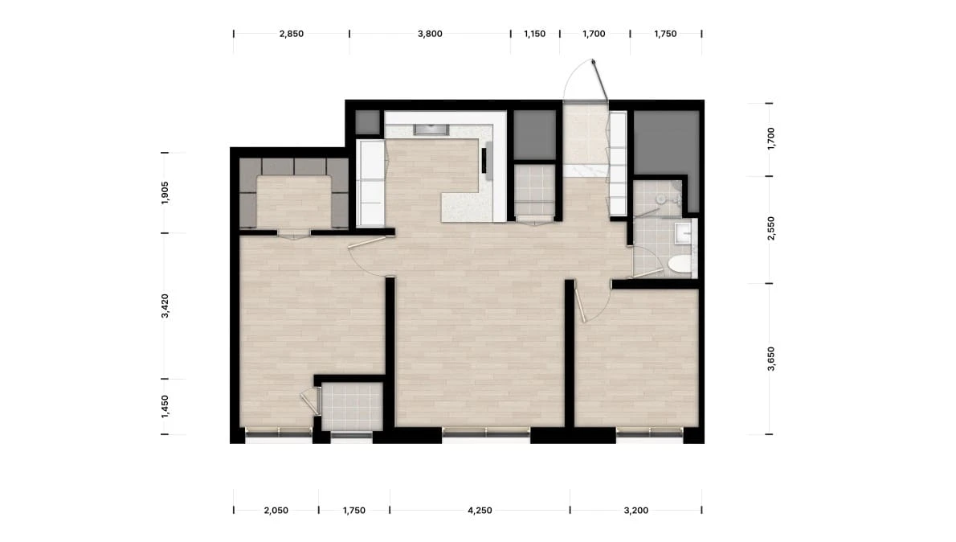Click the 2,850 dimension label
pyautogui.click(x=292, y=35)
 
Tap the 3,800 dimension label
pyautogui.click(x=430, y=35)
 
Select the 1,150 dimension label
pyautogui.click(x=535, y=35)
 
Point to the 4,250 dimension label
pyautogui.click(x=480, y=511)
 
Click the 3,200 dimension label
pyautogui.click(x=636, y=511)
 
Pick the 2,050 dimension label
pyautogui.click(x=276, y=511)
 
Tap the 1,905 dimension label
pyautogui.click(x=165, y=193)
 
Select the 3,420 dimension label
pyautogui.click(x=165, y=306)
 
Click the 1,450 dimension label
pyautogui.click(x=165, y=407)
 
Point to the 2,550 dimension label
pyautogui.click(x=771, y=228)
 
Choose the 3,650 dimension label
pyautogui.click(x=771, y=359)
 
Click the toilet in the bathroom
pyautogui.click(x=680, y=265)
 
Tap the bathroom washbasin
pyautogui.click(x=682, y=233)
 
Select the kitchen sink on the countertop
pyautogui.click(x=431, y=129)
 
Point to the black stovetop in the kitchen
pyautogui.click(x=484, y=161)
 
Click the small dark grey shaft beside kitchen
pyautogui.click(x=368, y=123)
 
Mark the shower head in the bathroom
pyautogui.click(x=660, y=199)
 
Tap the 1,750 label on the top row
pyautogui.click(x=665, y=35)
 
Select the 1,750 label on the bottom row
pyautogui.click(x=354, y=511)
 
